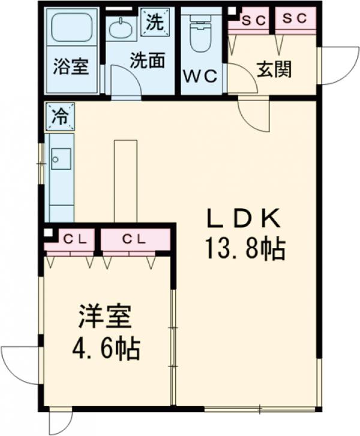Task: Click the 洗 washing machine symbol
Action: tap(155, 23)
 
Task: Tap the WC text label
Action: tap(201, 77)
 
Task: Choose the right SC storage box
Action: tap(295, 19)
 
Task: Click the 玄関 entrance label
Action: tap(274, 70)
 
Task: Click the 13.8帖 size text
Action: tap(244, 247)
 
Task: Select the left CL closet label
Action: tap(76, 239)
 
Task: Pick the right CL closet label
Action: tap(135, 239)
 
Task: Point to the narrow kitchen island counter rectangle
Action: tap(125, 180)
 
